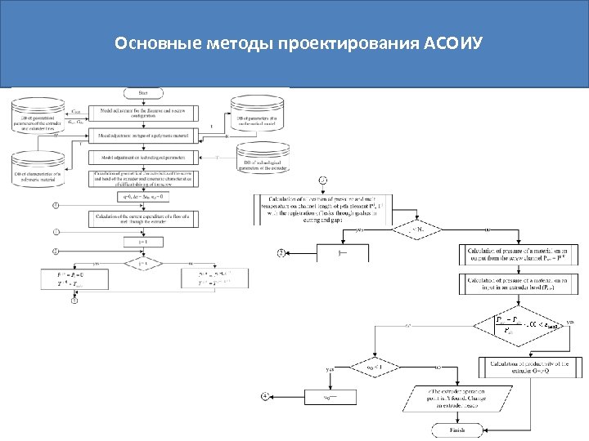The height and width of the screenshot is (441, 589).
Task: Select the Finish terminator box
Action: tap(457, 430)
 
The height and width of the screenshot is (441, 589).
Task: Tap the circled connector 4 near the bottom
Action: tap(264, 396)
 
